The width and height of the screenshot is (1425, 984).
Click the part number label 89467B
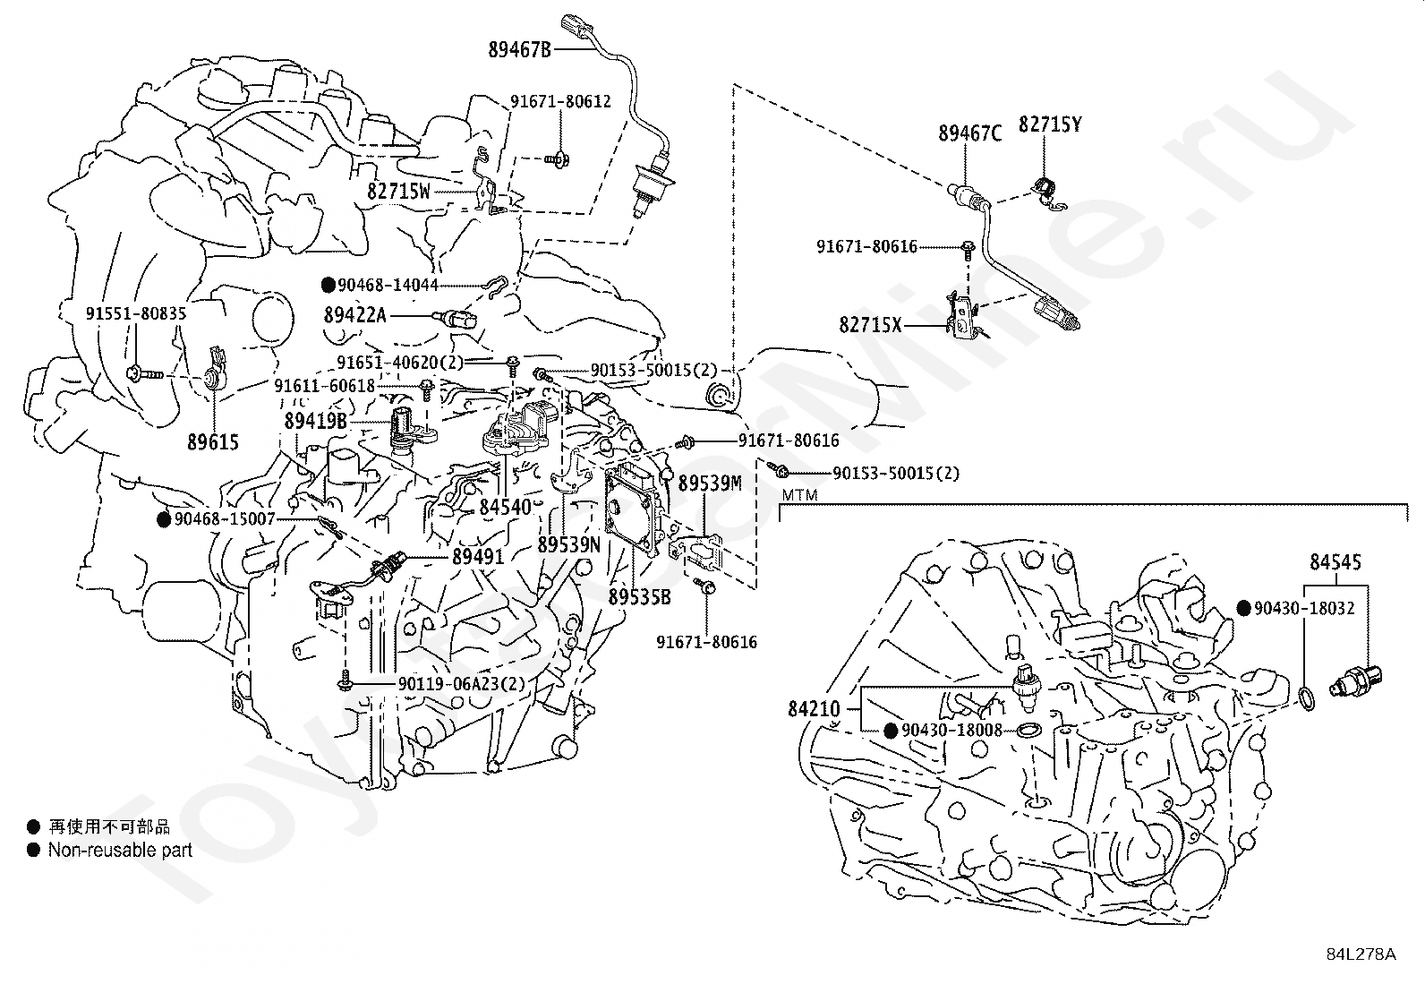tap(519, 49)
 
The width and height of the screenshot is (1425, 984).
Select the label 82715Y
tap(1050, 124)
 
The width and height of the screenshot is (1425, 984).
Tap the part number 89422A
tap(355, 315)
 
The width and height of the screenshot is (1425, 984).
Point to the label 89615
tap(213, 441)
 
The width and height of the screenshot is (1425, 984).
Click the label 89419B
tap(316, 421)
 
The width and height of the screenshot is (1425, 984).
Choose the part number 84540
tap(505, 508)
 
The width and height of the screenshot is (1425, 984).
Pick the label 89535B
tap(639, 597)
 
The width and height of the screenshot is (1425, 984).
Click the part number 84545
tap(1335, 562)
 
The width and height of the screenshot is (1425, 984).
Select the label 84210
tap(815, 708)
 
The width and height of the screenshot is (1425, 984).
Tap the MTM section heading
tap(799, 494)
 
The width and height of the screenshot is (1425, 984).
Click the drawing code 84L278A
tap(1361, 954)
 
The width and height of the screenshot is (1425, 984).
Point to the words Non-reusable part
tap(120, 851)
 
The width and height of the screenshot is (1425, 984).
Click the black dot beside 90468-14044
tap(329, 285)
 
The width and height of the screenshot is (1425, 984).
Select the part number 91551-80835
tap(136, 313)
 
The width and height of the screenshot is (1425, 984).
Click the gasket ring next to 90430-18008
tap(1028, 730)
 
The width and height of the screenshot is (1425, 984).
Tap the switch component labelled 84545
tap(1356, 681)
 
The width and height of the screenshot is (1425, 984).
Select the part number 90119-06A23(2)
tap(462, 683)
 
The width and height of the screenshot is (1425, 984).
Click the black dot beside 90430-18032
tap(1243, 608)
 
